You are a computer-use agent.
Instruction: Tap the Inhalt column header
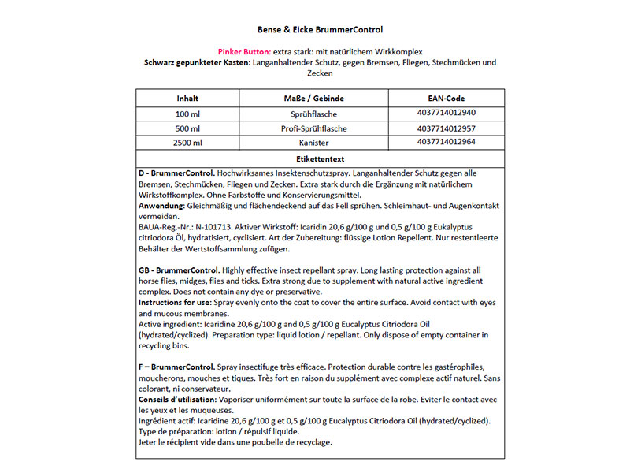pyautogui.click(x=187, y=99)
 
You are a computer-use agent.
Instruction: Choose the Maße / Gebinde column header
pyautogui.click(x=313, y=99)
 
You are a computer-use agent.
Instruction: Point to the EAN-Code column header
pyautogui.click(x=445, y=99)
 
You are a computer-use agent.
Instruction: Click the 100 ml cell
pyautogui.click(x=187, y=114)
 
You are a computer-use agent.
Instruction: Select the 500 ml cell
pyautogui.click(x=187, y=128)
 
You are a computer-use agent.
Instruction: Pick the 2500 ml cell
pyautogui.click(x=187, y=143)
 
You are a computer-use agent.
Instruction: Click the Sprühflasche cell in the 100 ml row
pyautogui.click(x=313, y=114)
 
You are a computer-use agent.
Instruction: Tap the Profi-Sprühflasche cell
pyautogui.click(x=313, y=128)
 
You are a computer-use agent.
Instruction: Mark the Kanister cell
pyautogui.click(x=313, y=143)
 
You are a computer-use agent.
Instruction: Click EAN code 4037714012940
pyautogui.click(x=445, y=113)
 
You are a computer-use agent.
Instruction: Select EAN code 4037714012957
pyautogui.click(x=445, y=128)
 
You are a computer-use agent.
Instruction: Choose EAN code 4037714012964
pyautogui.click(x=445, y=142)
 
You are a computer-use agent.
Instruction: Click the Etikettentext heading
pyautogui.click(x=319, y=158)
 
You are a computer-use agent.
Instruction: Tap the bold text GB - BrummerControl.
pyautogui.click(x=179, y=270)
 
